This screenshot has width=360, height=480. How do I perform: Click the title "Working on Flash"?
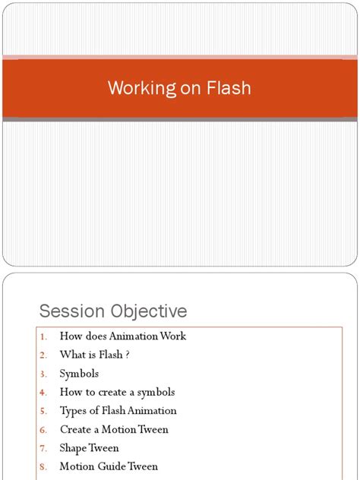pyautogui.click(x=179, y=88)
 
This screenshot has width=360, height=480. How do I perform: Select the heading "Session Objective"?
pyautogui.click(x=113, y=311)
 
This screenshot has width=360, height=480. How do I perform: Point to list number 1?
pyautogui.click(x=43, y=336)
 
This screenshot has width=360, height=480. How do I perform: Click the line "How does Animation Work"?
pyautogui.click(x=122, y=336)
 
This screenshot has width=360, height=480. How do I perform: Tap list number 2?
pyautogui.click(x=43, y=355)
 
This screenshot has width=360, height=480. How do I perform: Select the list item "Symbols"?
pyautogui.click(x=79, y=374)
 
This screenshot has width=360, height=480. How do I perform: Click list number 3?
pyautogui.click(x=43, y=374)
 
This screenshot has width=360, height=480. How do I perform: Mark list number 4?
pyautogui.click(x=43, y=393)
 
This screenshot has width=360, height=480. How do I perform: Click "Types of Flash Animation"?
pyautogui.click(x=118, y=411)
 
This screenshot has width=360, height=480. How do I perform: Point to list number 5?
pyautogui.click(x=43, y=412)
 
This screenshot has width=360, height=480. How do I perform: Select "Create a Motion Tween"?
pyautogui.click(x=114, y=429)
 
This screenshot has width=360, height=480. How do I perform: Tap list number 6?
pyautogui.click(x=43, y=430)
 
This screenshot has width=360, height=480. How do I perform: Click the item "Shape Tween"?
pyautogui.click(x=89, y=448)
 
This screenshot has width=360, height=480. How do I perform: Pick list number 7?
pyautogui.click(x=43, y=449)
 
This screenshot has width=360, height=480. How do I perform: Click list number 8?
pyautogui.click(x=43, y=467)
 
